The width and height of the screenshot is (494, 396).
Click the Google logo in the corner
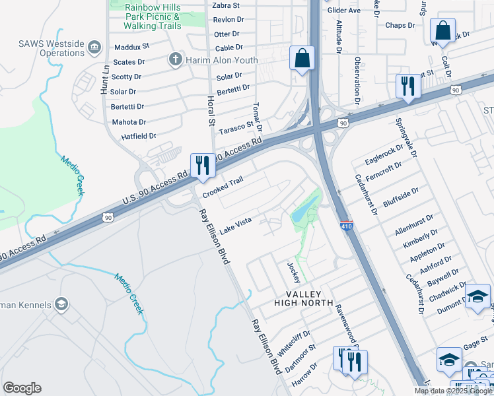pos(22,388)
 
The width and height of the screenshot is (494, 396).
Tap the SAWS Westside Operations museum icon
pos(94,47)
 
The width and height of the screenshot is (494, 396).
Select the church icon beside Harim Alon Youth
pos(176,60)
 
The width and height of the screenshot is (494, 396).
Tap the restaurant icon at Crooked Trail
pos(203,165)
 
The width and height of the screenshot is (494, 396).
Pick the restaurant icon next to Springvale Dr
pos(407,86)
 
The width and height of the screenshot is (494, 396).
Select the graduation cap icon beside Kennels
pos(61,304)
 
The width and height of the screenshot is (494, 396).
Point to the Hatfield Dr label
pos(138,136)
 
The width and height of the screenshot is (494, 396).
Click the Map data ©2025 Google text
pos(453,391)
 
